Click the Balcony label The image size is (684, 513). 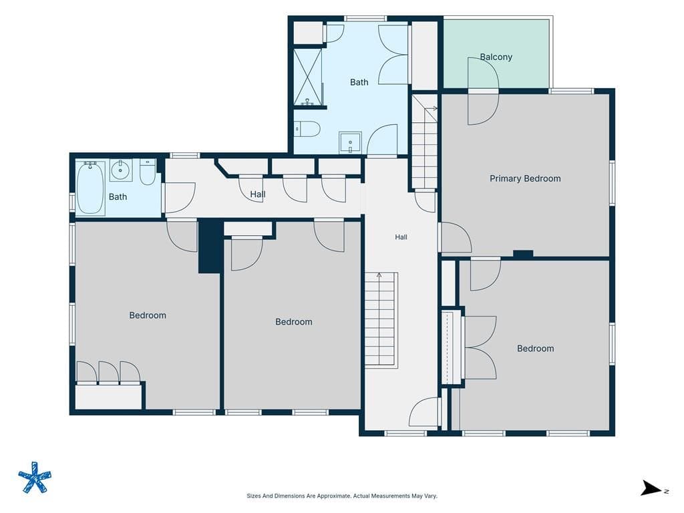[496, 57]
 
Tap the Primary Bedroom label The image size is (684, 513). [525, 178]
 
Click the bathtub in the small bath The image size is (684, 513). [91, 188]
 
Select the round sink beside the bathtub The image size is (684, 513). [121, 170]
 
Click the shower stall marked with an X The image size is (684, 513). [308, 77]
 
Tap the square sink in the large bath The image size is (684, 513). [350, 143]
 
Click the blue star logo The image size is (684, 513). [35, 477]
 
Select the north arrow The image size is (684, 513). [651, 488]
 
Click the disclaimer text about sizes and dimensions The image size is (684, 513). [342, 496]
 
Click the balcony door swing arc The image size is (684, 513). [484, 91]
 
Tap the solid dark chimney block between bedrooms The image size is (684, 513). [209, 246]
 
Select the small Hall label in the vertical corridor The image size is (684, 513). [401, 237]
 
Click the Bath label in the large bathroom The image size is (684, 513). [359, 82]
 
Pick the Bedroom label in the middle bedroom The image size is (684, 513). [294, 322]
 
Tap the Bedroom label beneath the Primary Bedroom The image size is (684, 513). [535, 349]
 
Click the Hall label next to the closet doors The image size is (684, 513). [258, 194]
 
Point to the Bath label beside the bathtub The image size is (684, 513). [118, 197]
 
